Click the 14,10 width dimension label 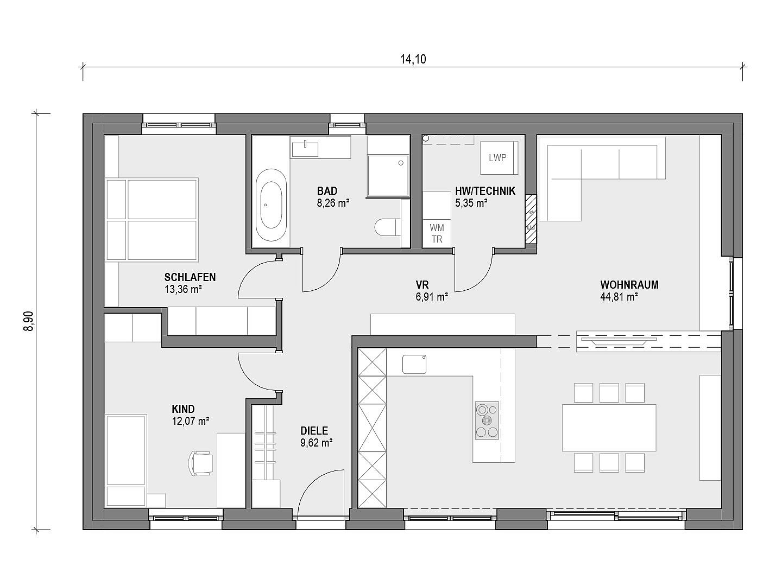click(413, 59)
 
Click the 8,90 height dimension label click(28, 321)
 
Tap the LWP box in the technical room click(499, 157)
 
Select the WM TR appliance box click(437, 233)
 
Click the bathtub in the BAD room click(271, 205)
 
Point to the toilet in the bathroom click(387, 227)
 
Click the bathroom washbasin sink click(305, 149)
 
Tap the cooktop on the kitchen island click(487, 421)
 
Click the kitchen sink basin click(414, 364)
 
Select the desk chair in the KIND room click(200, 463)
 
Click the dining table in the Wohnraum click(609, 428)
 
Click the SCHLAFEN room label click(190, 277)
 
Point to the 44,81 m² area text click(619, 297)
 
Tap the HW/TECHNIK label click(485, 191)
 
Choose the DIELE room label click(314, 431)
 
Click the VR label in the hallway click(422, 285)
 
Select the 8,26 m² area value click(333, 203)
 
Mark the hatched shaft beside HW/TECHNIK click(531, 219)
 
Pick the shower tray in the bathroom click(388, 175)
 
